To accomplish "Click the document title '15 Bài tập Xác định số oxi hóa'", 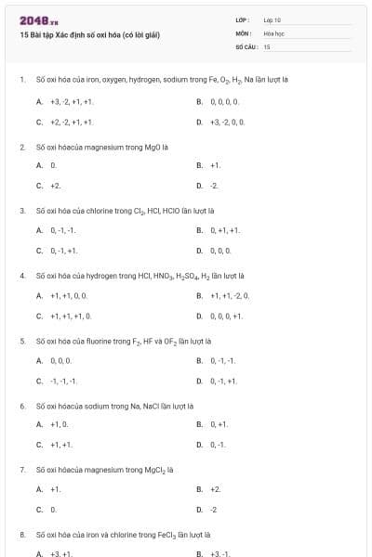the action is tap(90, 35).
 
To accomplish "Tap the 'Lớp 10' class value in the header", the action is tap(272, 19).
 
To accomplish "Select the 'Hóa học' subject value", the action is tap(273, 32).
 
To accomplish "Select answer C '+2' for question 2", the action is tap(56, 186).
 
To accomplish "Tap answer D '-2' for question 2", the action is tap(214, 186).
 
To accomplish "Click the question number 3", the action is tap(22, 210).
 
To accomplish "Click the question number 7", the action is tap(22, 470).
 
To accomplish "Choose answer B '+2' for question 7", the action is tap(215, 488).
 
